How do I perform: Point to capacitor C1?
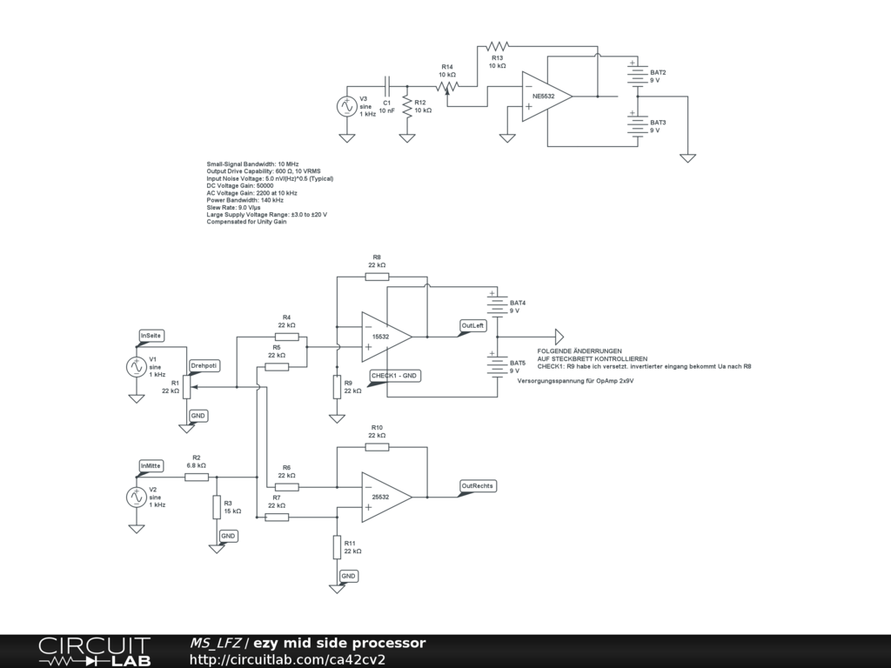[x=387, y=86]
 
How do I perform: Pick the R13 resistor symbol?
[x=497, y=45]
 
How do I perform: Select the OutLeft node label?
[x=472, y=325]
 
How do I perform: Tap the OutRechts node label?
[x=478, y=485]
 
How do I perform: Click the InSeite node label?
[x=151, y=335]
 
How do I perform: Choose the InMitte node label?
[x=151, y=466]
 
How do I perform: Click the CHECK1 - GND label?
[x=395, y=376]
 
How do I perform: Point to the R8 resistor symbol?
[x=377, y=277]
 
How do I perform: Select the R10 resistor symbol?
[x=377, y=446]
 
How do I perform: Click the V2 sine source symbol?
[x=136, y=498]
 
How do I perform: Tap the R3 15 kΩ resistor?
[x=217, y=507]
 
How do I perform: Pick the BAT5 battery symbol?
[x=497, y=366]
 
